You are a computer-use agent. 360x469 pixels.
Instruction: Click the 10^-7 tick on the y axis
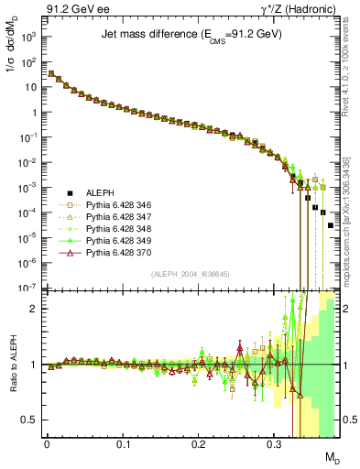(x=30, y=287)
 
